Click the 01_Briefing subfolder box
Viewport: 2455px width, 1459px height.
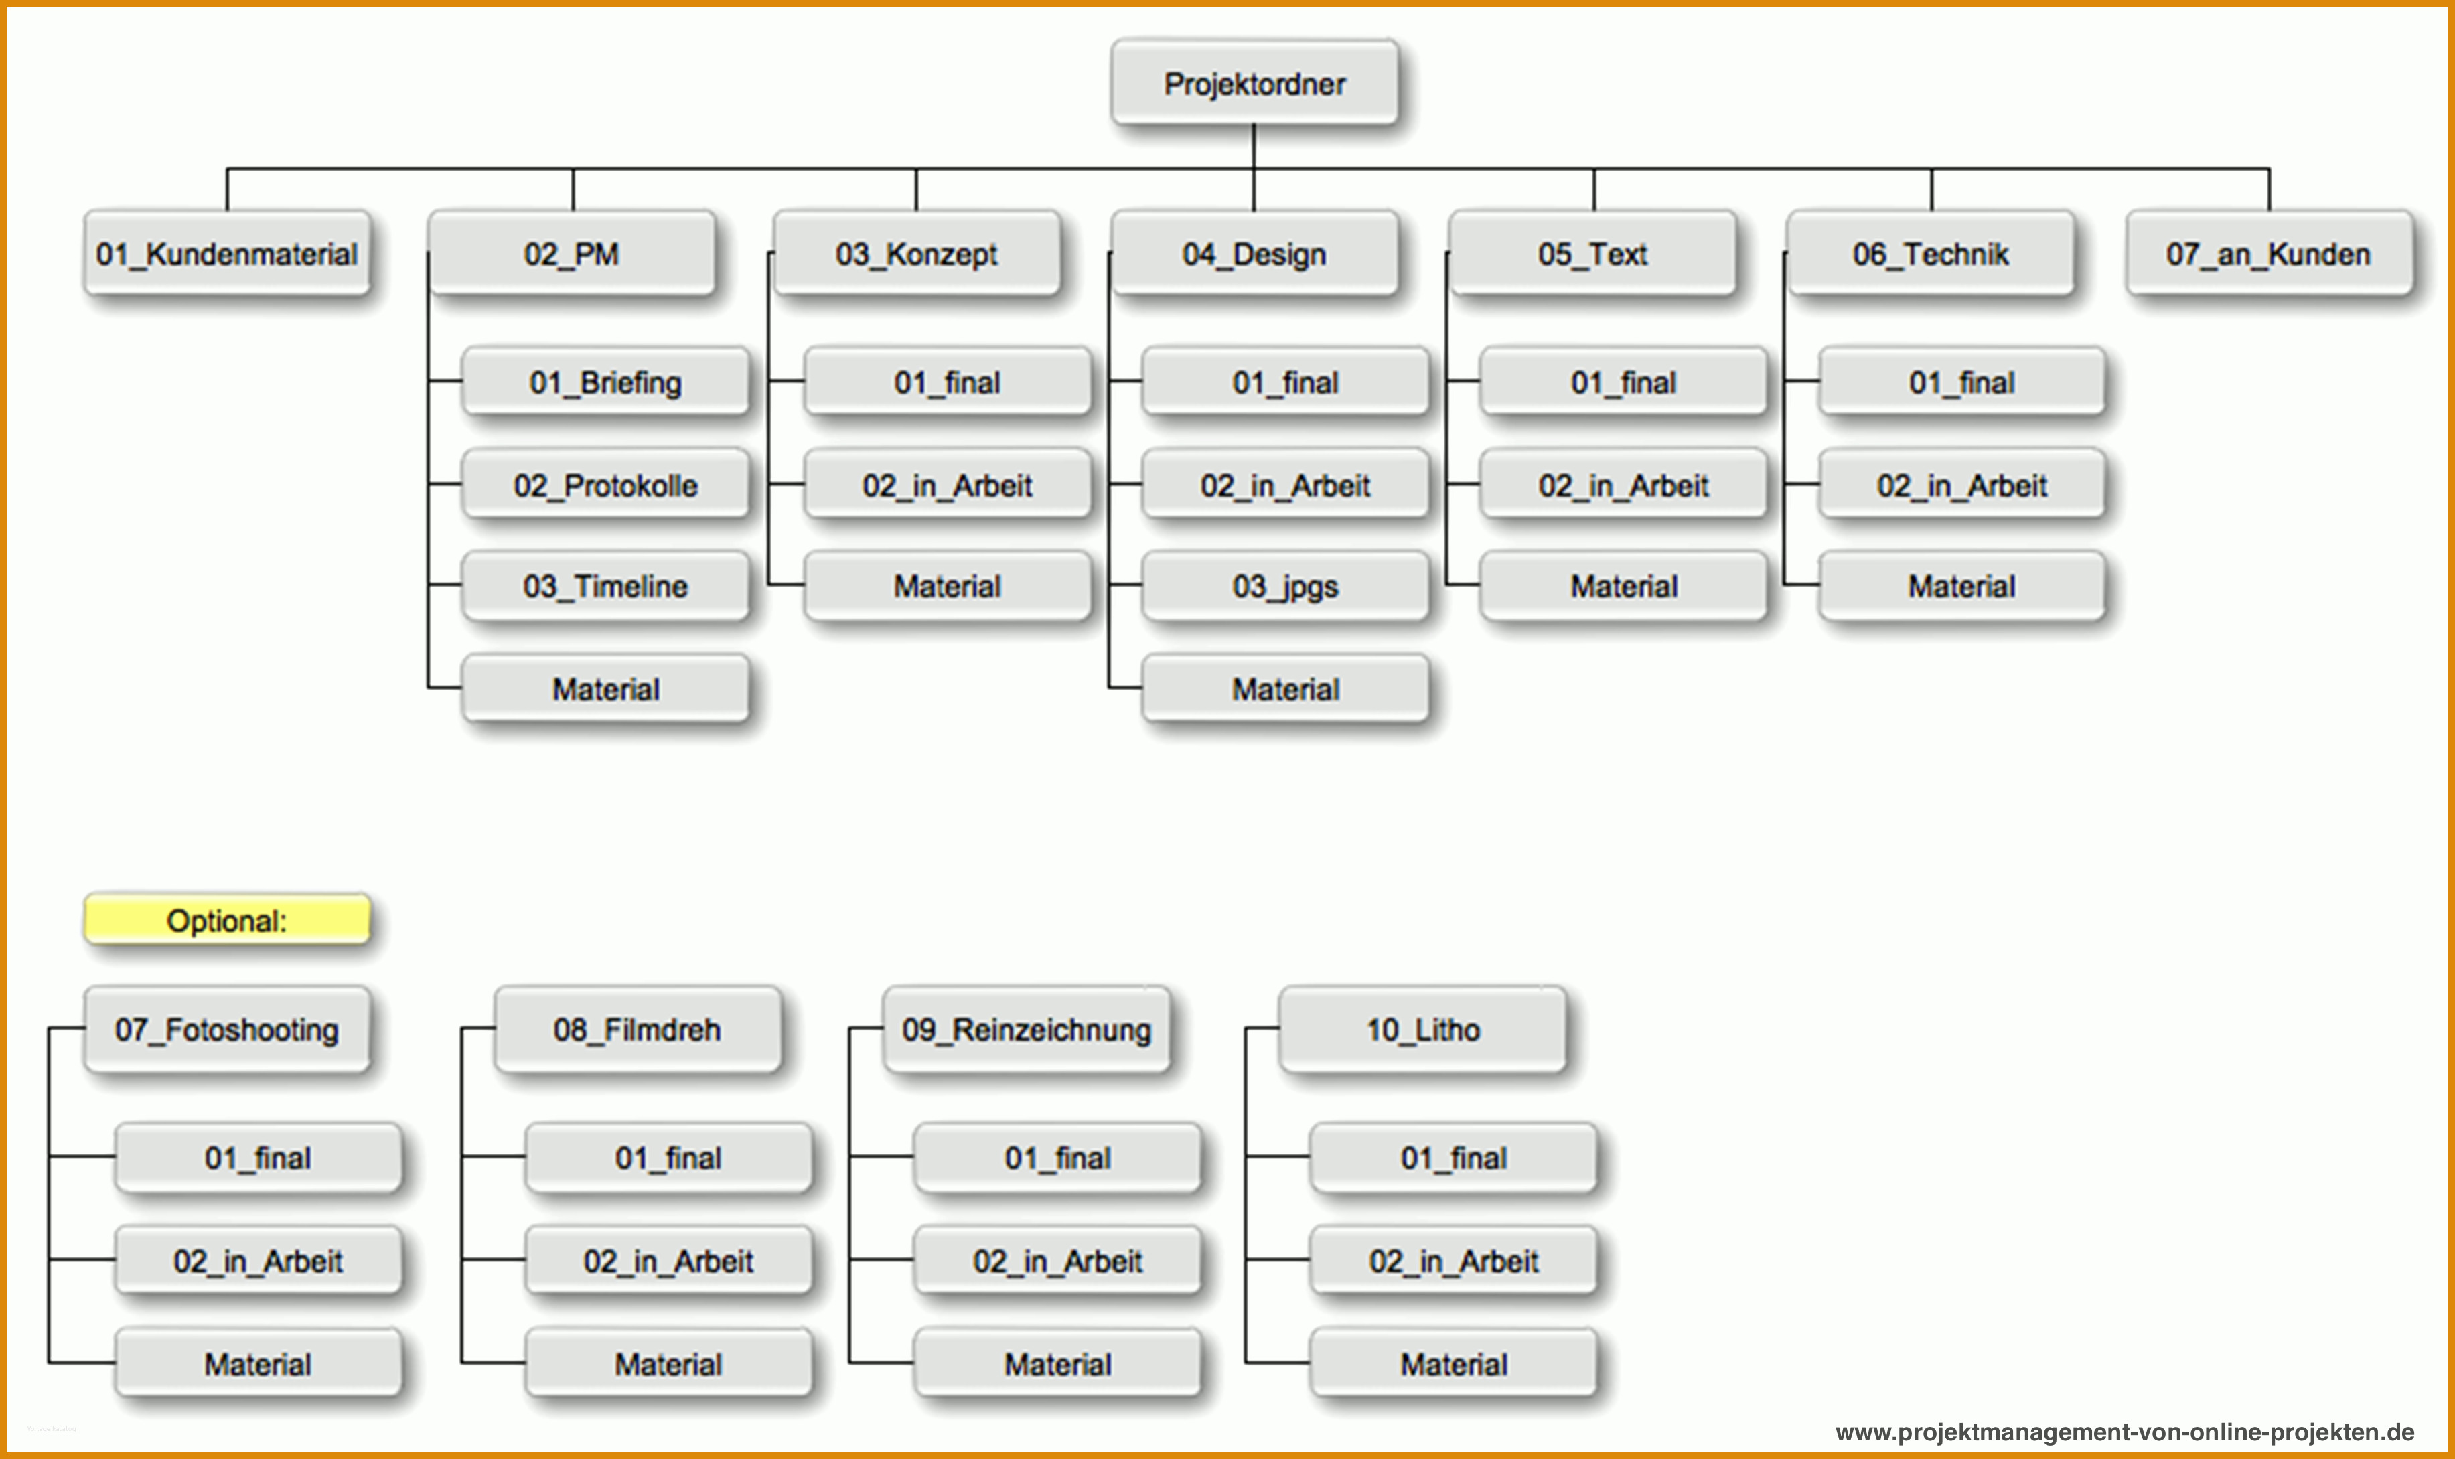click(605, 382)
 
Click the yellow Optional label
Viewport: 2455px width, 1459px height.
click(227, 919)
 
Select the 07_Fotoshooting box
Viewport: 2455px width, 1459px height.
click(227, 1028)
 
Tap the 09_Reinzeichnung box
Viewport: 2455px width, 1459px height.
click(1027, 1028)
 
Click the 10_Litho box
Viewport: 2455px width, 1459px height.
click(1422, 1028)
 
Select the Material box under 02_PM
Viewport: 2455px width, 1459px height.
click(605, 688)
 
